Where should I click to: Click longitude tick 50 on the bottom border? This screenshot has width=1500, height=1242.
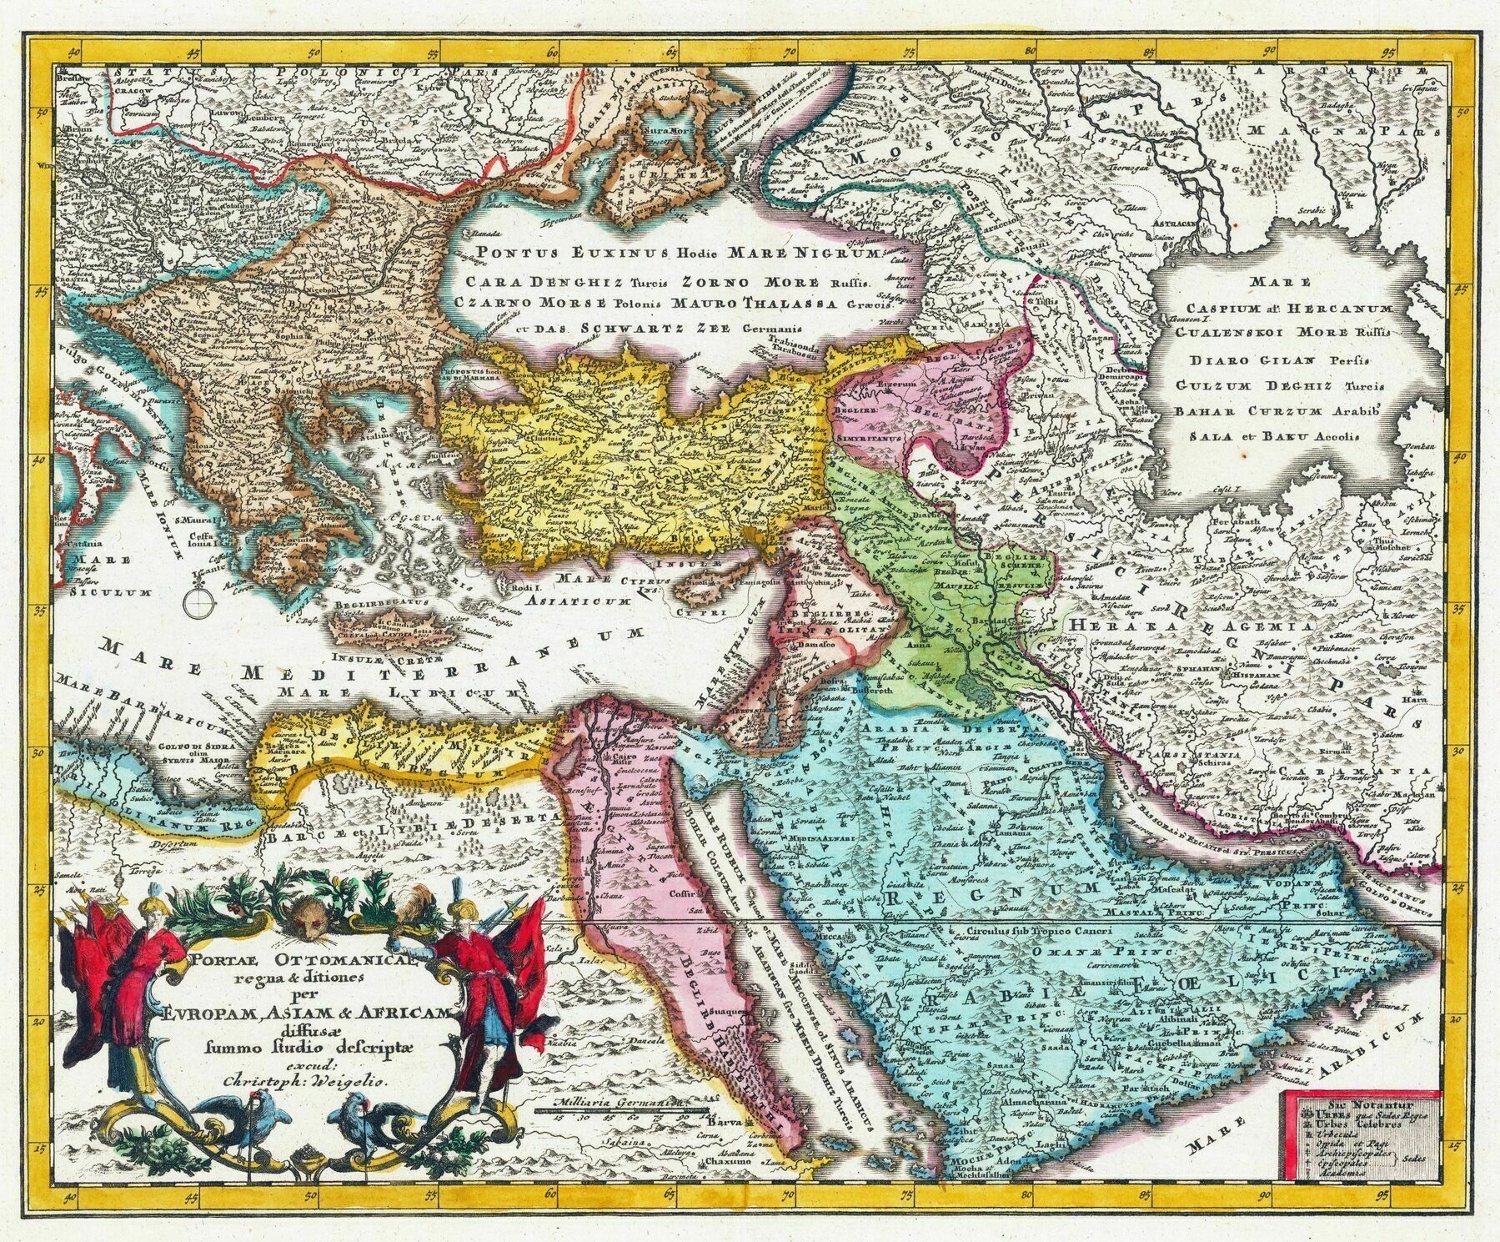[x=311, y=1218]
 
